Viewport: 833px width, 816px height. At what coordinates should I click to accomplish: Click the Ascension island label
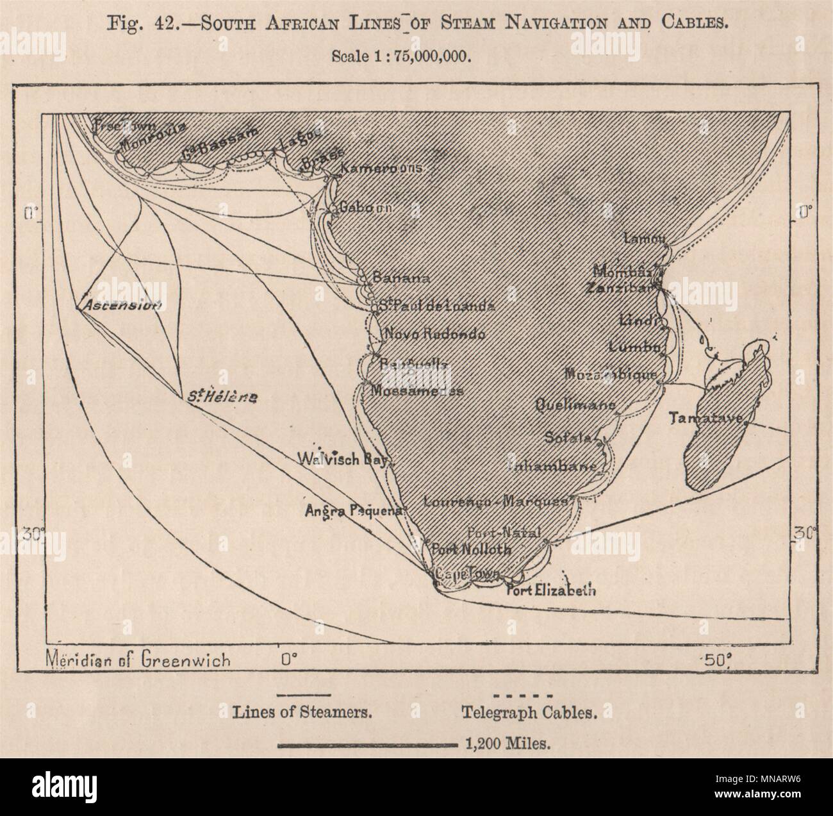coord(119,306)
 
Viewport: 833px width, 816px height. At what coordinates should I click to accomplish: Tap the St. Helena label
coord(222,398)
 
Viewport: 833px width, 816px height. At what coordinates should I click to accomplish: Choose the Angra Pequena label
coord(356,511)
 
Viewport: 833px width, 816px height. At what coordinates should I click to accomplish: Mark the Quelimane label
coord(575,404)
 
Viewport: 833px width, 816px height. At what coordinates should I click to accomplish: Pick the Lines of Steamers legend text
coord(303,712)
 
